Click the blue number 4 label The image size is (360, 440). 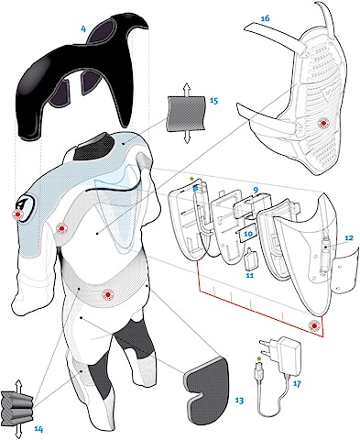[83, 29]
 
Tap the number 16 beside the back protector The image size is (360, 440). [265, 18]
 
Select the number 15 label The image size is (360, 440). [213, 101]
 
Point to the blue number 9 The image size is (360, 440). [256, 191]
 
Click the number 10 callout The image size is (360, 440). [248, 234]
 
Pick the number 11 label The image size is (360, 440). [250, 275]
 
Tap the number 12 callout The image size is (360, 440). [348, 237]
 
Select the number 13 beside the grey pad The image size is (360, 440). [239, 401]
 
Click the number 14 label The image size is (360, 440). [38, 429]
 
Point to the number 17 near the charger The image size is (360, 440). [297, 383]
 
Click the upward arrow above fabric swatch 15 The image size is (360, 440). [186, 89]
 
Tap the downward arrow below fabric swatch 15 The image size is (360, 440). [187, 137]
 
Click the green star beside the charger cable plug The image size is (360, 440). [259, 358]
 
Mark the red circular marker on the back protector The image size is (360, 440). [323, 123]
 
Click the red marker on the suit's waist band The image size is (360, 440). [107, 294]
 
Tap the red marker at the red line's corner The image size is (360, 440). [314, 325]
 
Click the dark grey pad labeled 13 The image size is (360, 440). [208, 388]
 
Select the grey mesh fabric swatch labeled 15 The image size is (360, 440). [186, 114]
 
